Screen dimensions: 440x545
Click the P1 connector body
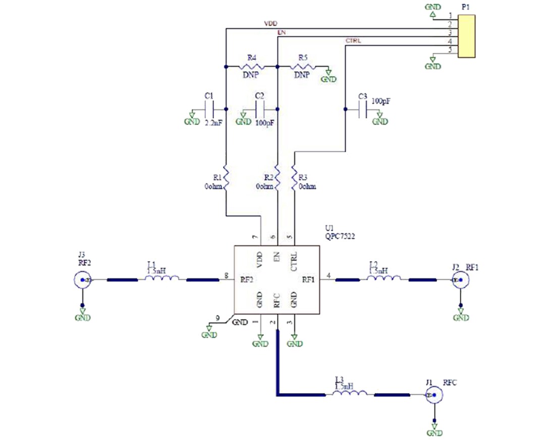[x=467, y=36]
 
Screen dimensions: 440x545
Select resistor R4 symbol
[x=251, y=66]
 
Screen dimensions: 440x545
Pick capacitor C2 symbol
[x=261, y=109]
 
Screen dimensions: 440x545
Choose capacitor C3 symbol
[x=362, y=109]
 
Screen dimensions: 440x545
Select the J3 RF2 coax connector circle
[x=83, y=280]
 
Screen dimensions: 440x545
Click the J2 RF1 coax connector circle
[x=460, y=280]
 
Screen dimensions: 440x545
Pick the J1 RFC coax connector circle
[x=433, y=396]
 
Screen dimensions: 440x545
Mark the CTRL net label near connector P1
[x=353, y=40]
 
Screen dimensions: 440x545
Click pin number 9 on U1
[x=217, y=318]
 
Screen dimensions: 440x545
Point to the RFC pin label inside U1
[x=277, y=300]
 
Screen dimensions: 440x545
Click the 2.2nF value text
[x=214, y=122]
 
